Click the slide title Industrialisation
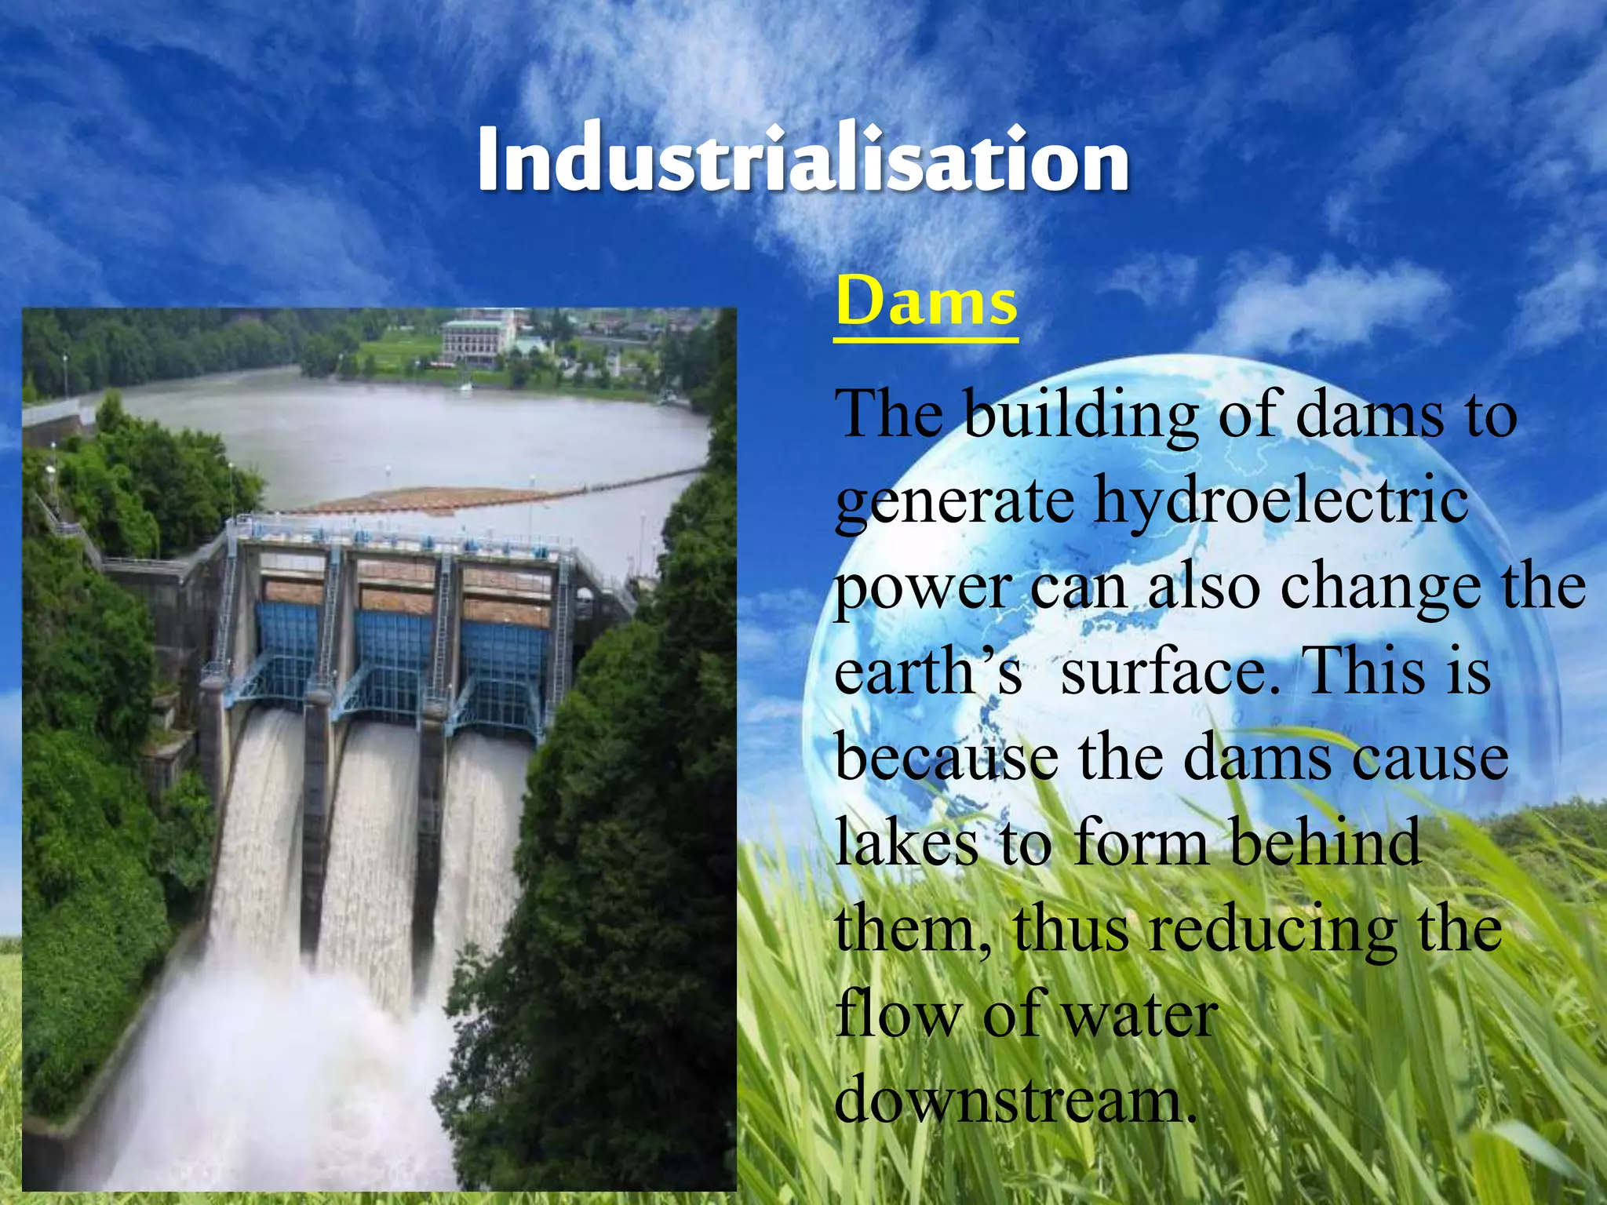(803, 161)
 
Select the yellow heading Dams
(926, 303)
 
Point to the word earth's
(927, 672)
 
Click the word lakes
(906, 841)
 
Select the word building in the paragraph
(1080, 416)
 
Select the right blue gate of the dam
(502, 659)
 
